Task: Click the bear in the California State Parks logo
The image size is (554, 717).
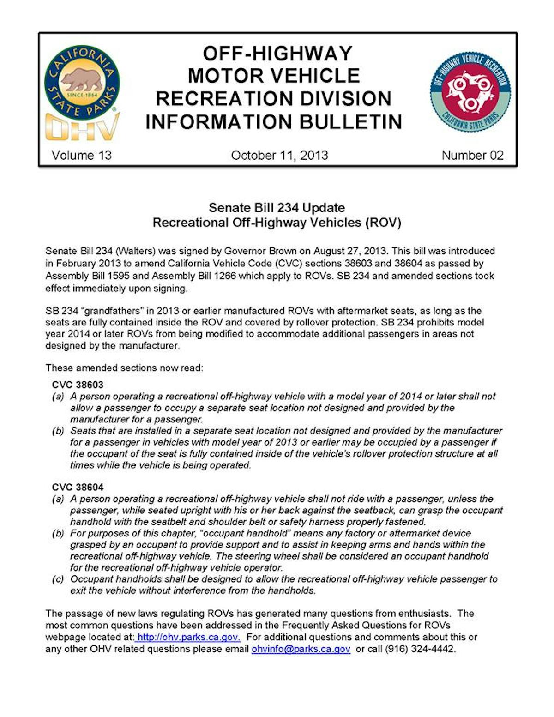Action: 82,79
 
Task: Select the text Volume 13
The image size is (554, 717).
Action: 81,155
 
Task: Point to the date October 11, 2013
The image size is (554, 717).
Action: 279,155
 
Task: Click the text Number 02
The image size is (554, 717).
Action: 472,155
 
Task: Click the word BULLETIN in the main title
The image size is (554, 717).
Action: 351,122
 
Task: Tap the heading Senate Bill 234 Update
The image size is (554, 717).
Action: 277,207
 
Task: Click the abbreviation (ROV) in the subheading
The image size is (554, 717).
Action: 383,223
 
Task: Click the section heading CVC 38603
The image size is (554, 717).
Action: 78,385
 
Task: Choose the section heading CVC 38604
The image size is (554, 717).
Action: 78,487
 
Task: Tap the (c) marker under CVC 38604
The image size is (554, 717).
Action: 58,579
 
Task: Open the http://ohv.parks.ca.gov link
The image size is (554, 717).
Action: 188,637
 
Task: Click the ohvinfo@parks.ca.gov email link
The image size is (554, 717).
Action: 301,649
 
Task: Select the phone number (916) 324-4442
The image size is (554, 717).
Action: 420,649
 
